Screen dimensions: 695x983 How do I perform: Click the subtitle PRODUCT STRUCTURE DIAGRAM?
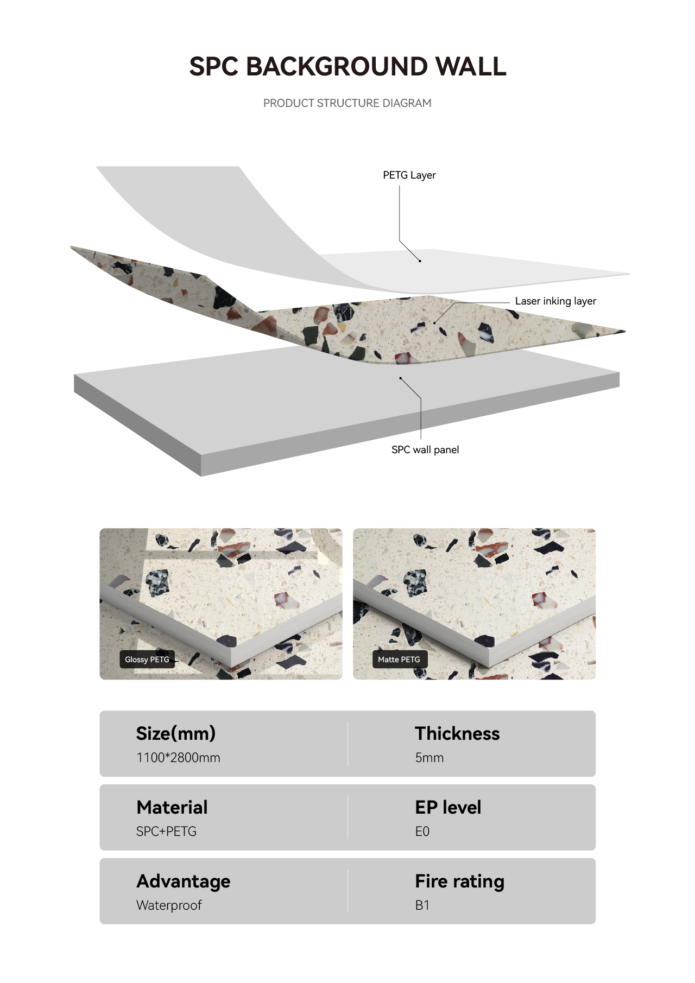(x=347, y=103)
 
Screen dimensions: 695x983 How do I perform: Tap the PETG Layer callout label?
(x=409, y=175)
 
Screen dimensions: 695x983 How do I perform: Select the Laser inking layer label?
(x=555, y=301)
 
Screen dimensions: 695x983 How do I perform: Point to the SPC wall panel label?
(x=425, y=450)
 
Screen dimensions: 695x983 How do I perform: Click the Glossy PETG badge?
(x=147, y=659)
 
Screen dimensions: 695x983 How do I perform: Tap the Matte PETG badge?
(x=399, y=659)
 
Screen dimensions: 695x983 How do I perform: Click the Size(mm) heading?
(x=176, y=734)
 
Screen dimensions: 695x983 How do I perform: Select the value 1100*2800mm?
(x=178, y=758)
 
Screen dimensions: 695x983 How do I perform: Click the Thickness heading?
(x=457, y=734)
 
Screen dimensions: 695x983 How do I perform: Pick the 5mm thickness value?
(x=429, y=758)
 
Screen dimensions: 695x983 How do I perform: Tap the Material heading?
(x=172, y=808)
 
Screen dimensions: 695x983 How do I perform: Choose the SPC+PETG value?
(x=166, y=832)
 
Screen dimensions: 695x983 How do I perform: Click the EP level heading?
(x=448, y=808)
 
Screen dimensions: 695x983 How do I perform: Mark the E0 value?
(x=422, y=832)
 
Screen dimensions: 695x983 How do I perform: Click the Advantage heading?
(x=184, y=882)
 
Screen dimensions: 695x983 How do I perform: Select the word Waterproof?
(x=169, y=905)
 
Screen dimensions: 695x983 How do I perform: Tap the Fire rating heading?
(x=460, y=882)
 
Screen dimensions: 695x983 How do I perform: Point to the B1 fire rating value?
(x=422, y=905)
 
